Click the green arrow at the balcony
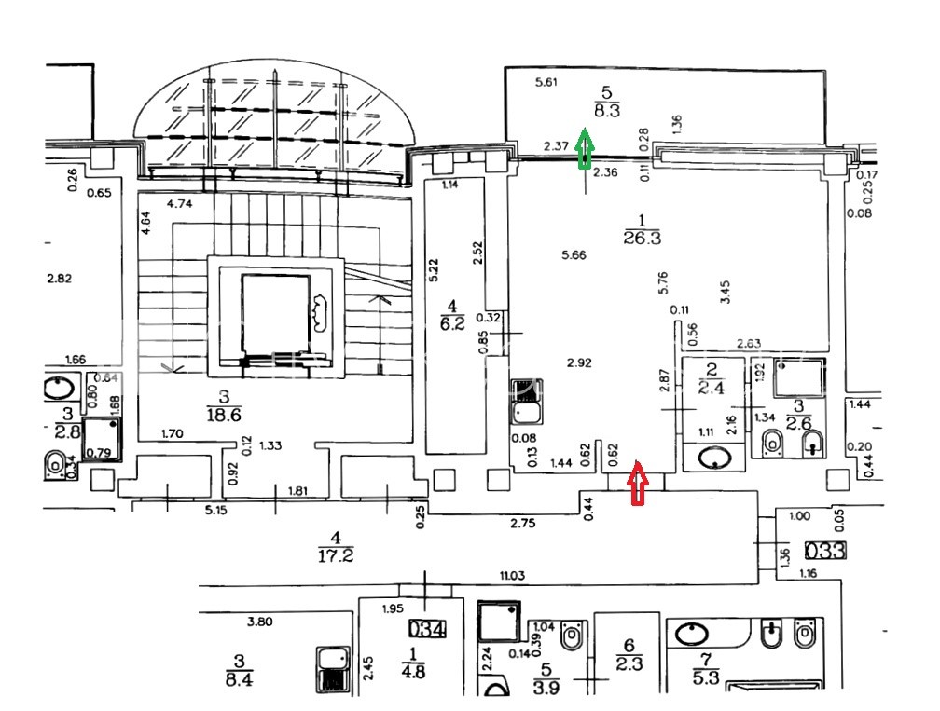coord(585,149)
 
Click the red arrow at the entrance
coord(638,484)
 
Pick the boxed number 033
coord(824,551)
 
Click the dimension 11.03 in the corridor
coord(512,576)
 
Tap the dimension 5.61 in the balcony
coord(546,83)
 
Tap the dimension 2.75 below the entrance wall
coord(523,524)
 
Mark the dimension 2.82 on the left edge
coord(59,278)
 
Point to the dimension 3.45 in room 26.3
coord(725,293)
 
